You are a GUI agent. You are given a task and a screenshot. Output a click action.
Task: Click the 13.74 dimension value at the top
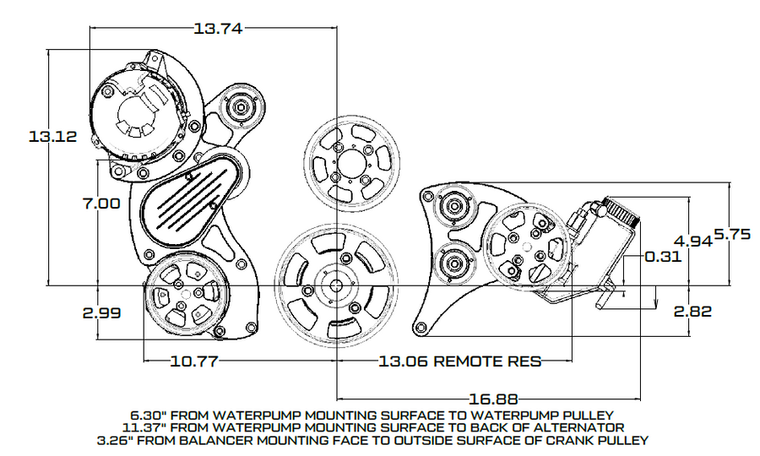click(x=218, y=29)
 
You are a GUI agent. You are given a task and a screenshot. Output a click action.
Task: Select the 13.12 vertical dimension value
click(x=53, y=136)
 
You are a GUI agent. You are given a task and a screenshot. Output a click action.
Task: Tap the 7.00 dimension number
click(x=101, y=203)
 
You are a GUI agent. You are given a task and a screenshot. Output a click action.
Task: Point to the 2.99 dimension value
click(x=101, y=312)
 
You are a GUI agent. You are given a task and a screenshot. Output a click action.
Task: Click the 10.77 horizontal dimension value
click(x=194, y=361)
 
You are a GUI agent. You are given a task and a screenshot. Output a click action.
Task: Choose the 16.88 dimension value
click(x=493, y=399)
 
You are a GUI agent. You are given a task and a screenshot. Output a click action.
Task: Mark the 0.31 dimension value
click(x=663, y=256)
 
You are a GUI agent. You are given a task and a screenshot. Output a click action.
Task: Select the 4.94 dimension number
click(x=693, y=241)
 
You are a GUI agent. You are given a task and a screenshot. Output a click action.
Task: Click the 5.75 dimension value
click(x=732, y=235)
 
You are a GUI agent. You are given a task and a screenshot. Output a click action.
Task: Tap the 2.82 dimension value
click(x=693, y=311)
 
